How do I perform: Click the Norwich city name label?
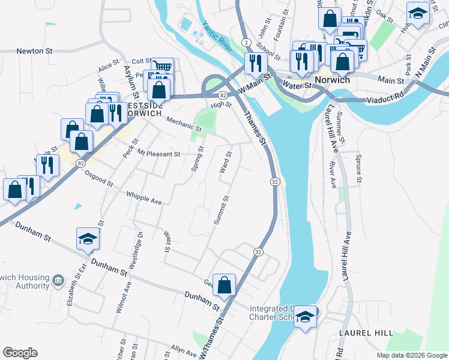[334, 79]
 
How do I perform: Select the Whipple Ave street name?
[144, 197]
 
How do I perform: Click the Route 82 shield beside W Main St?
[222, 95]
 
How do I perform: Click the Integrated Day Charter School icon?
[306, 317]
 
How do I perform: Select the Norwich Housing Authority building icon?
[58, 280]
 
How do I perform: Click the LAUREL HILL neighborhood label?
[365, 333]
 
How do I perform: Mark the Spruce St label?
[358, 171]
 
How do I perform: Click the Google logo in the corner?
[20, 353]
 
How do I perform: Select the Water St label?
[298, 86]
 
